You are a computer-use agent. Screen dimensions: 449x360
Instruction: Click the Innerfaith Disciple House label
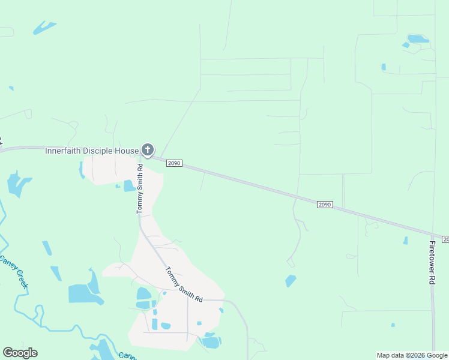92,151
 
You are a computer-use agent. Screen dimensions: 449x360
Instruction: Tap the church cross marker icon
148,149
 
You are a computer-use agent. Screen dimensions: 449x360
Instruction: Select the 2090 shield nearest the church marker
174,163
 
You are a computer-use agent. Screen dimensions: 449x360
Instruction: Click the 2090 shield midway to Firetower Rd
324,205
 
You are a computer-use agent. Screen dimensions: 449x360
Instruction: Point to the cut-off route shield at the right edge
445,239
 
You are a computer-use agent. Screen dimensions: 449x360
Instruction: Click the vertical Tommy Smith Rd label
140,190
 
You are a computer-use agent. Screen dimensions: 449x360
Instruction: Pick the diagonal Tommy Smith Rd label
184,284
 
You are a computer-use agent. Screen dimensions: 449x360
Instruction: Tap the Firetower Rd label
432,263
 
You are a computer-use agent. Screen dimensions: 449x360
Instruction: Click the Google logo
20,353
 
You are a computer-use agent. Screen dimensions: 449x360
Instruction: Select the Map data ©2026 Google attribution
412,355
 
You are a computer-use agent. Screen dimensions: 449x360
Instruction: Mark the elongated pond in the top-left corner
44,28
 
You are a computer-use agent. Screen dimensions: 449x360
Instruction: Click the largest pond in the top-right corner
418,39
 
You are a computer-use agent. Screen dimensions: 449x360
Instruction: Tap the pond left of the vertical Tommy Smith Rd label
129,186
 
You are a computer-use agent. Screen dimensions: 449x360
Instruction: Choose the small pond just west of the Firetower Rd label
405,241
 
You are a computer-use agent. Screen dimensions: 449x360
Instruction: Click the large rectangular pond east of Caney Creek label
79,294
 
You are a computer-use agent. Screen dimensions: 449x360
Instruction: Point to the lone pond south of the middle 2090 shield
291,280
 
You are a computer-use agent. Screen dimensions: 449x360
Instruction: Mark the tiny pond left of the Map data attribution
393,325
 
